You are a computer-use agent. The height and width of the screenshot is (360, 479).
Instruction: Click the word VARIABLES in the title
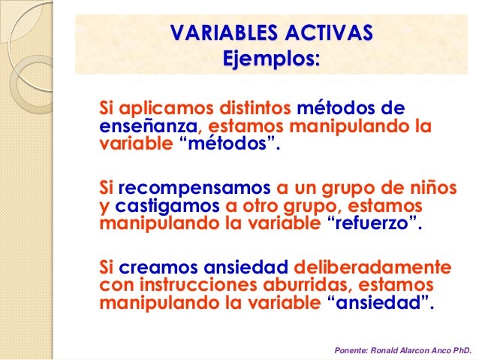click(x=219, y=33)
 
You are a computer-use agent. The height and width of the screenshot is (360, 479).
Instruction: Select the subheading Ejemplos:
click(x=271, y=58)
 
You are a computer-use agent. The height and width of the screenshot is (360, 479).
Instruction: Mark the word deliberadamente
click(x=372, y=268)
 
